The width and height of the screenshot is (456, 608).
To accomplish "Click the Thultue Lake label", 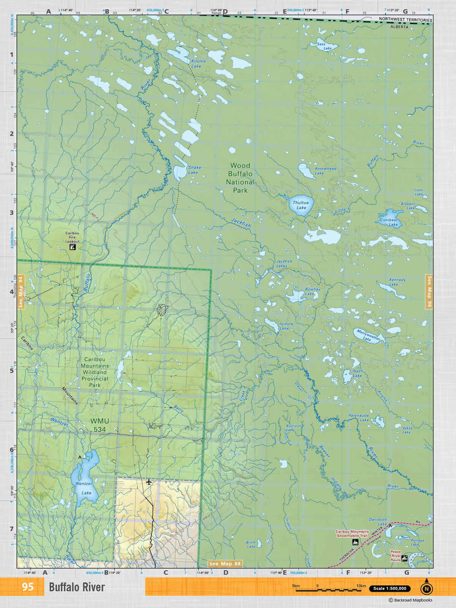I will tap(301, 205).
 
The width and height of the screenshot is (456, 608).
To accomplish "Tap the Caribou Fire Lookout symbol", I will tap(73, 247).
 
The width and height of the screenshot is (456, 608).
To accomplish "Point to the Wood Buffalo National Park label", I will tap(240, 178).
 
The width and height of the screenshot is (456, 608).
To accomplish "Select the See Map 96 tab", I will tap(429, 291).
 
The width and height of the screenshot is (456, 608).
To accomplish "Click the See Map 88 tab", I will tap(225, 564).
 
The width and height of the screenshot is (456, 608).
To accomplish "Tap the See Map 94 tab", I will tap(21, 292).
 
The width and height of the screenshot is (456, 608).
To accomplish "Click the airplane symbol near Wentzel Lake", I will tap(149, 482).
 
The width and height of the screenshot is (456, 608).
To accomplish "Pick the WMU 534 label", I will tap(100, 425).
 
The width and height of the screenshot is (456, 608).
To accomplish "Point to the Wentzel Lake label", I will tap(84, 488).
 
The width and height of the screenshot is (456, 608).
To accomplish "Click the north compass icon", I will tap(426, 588).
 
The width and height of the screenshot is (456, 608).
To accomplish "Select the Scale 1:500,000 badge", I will tap(389, 589).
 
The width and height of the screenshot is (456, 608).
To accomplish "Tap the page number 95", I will tap(27, 587).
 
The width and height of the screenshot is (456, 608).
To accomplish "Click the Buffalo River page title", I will tap(77, 587).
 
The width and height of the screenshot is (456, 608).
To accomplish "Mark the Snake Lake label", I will tap(194, 170).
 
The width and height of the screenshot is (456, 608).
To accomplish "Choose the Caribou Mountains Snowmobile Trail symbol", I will tap(355, 542).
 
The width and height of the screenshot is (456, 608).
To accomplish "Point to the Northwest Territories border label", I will tap(405, 20).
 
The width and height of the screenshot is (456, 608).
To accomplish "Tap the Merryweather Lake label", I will tap(368, 336).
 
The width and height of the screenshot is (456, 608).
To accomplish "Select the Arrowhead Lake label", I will tap(325, 171).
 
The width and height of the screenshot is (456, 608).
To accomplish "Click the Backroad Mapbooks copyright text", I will tap(410, 600).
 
